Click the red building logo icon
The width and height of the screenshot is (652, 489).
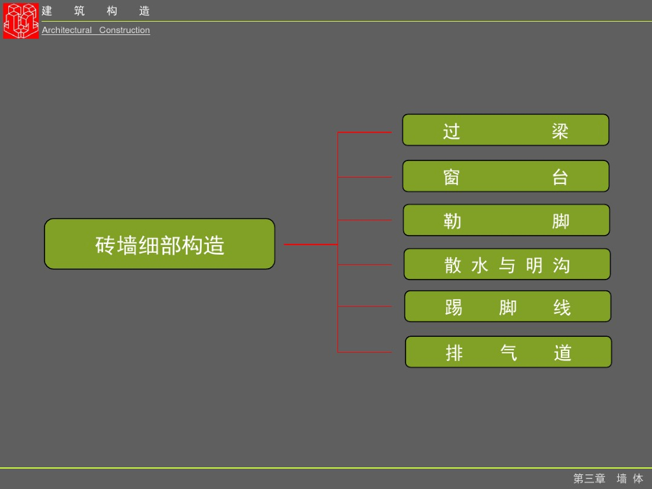tap(20, 20)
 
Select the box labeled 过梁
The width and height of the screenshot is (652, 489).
tap(506, 130)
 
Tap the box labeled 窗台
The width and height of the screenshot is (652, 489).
tap(506, 176)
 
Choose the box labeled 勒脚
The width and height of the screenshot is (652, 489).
tap(506, 220)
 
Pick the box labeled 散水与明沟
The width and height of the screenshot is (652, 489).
tap(507, 264)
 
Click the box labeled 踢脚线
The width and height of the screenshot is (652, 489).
tap(507, 306)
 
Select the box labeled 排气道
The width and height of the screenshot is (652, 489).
tap(508, 352)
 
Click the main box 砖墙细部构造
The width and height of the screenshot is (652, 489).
tap(159, 244)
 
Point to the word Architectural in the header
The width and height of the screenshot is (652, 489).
tap(67, 30)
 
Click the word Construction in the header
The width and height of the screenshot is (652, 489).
tap(125, 30)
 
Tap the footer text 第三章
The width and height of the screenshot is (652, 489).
tap(589, 478)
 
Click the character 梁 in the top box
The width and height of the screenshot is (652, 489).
tap(560, 131)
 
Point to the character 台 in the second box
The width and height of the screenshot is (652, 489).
tap(560, 177)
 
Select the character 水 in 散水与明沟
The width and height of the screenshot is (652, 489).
tap(479, 266)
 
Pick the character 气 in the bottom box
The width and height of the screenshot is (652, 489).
tap(509, 353)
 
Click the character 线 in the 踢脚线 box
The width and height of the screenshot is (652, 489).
tap(562, 308)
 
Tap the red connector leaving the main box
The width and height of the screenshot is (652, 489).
tap(310, 244)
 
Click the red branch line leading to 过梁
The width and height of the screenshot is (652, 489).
tap(364, 132)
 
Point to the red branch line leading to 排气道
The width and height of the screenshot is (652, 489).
tap(364, 352)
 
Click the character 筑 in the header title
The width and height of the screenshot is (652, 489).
tap(79, 11)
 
